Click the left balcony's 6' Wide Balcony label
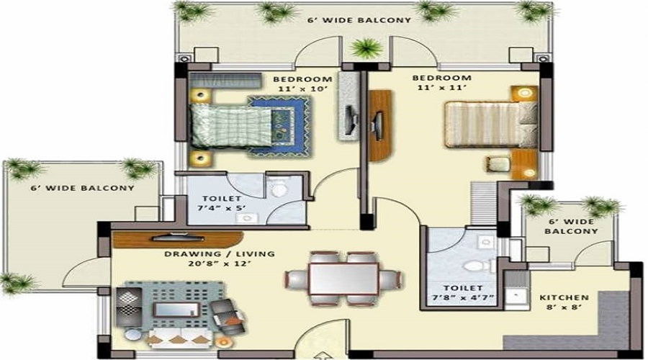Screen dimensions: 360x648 click(82, 188)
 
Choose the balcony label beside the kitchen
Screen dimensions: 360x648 click(571, 226)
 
